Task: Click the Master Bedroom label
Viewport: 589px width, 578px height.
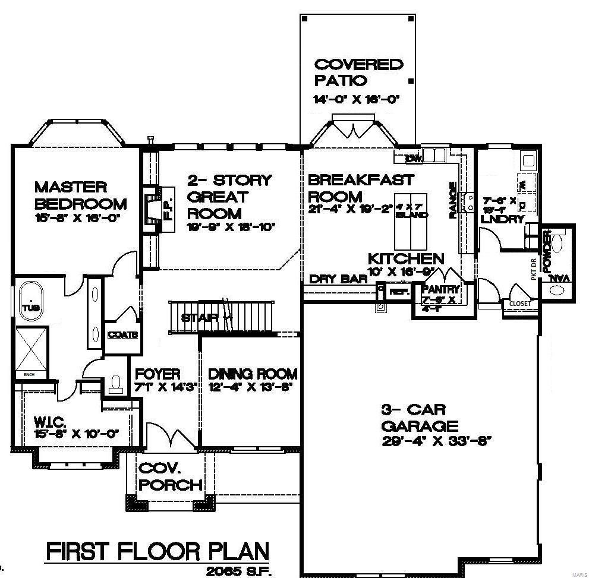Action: (x=80, y=195)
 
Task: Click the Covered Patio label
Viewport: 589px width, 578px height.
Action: (x=358, y=72)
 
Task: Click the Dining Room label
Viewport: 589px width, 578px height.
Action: (x=253, y=374)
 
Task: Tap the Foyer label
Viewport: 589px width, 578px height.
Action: (x=158, y=374)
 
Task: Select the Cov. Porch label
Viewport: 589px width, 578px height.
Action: (x=170, y=476)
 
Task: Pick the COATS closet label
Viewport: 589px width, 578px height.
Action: (x=122, y=335)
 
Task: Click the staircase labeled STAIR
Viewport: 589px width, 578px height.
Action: (x=226, y=318)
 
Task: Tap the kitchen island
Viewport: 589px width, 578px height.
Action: (x=411, y=221)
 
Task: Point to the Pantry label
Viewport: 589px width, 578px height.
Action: (x=440, y=289)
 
